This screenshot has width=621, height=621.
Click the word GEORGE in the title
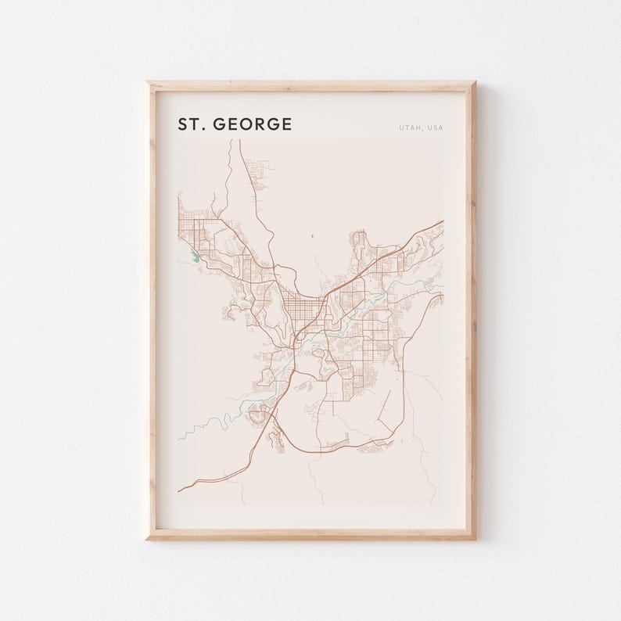(253, 124)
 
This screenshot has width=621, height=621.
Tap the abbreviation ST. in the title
(191, 124)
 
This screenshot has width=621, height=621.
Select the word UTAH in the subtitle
(410, 127)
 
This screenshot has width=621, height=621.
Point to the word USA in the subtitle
(434, 127)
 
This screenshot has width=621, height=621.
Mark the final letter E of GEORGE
(286, 124)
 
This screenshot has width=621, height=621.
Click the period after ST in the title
(203, 129)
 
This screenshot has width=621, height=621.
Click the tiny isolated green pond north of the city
(311, 235)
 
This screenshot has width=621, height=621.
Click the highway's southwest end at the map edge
(179, 491)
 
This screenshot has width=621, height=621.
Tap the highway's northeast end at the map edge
(443, 221)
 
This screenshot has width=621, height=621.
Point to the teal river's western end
(179, 439)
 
